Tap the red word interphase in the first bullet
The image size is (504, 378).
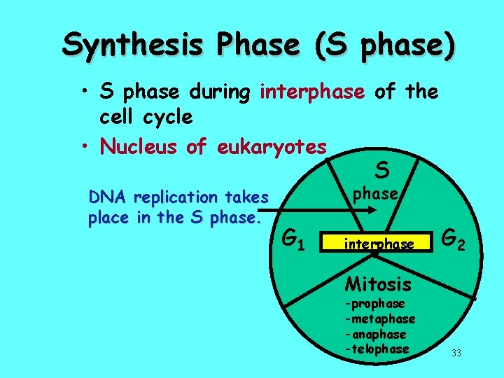click(x=312, y=92)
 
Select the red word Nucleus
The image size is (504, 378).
click(x=140, y=146)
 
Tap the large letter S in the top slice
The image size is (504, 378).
click(x=381, y=169)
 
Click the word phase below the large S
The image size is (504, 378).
click(x=375, y=193)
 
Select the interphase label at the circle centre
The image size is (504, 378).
click(x=379, y=244)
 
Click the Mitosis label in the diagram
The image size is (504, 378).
click(x=379, y=284)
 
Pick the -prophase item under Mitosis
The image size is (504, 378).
click(x=375, y=304)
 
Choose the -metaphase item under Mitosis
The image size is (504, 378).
click(x=380, y=318)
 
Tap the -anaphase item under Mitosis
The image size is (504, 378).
click(x=375, y=334)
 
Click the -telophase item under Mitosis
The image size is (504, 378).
click(x=377, y=349)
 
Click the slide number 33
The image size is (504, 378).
click(x=456, y=353)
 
